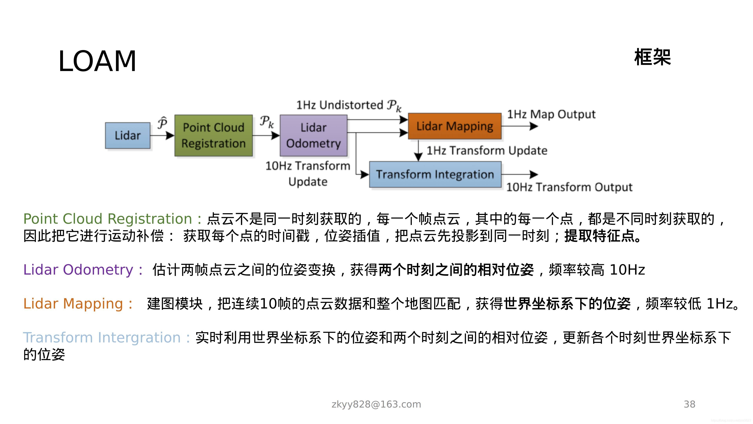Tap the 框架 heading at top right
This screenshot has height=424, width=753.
pyautogui.click(x=652, y=57)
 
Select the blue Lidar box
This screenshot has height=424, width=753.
pyautogui.click(x=128, y=135)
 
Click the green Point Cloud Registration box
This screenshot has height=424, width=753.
pyautogui.click(x=213, y=135)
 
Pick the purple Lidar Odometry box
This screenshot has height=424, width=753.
pyautogui.click(x=313, y=135)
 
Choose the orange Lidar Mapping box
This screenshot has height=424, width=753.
pyautogui.click(x=455, y=126)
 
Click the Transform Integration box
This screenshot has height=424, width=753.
pyautogui.click(x=435, y=174)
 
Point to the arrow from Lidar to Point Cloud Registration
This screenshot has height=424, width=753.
pyautogui.click(x=162, y=135)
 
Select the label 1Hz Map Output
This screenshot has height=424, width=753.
pyautogui.click(x=551, y=114)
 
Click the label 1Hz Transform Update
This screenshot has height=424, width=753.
pyautogui.click(x=487, y=150)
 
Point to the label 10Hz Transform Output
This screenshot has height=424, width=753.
pyautogui.click(x=569, y=187)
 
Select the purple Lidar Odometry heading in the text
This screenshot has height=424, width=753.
pyautogui.click(x=78, y=270)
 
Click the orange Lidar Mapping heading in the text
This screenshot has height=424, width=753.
pyautogui.click(x=73, y=303)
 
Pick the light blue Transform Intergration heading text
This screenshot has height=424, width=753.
pyautogui.click(x=102, y=337)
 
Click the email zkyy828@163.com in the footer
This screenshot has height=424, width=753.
pyautogui.click(x=376, y=404)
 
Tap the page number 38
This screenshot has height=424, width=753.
pyautogui.click(x=689, y=404)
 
